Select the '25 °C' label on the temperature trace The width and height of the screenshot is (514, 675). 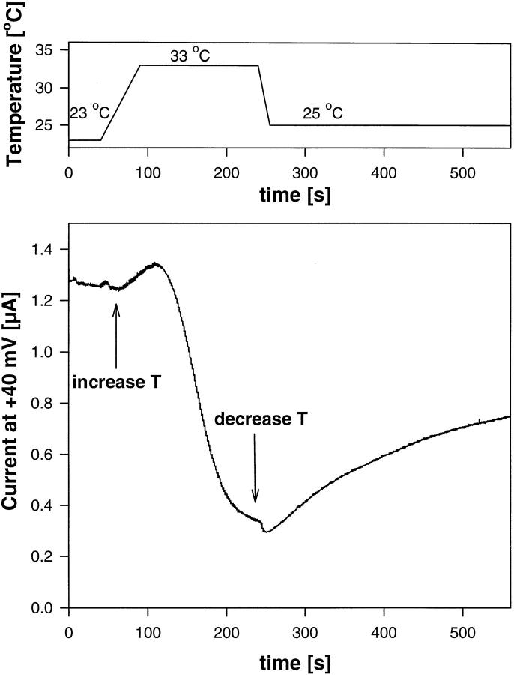[x=323, y=114]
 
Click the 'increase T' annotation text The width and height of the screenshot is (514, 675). [x=117, y=382]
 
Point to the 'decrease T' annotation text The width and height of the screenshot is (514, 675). [x=256, y=419]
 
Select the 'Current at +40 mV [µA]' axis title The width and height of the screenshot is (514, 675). [x=13, y=421]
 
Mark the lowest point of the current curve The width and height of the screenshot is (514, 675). [x=266, y=532]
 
